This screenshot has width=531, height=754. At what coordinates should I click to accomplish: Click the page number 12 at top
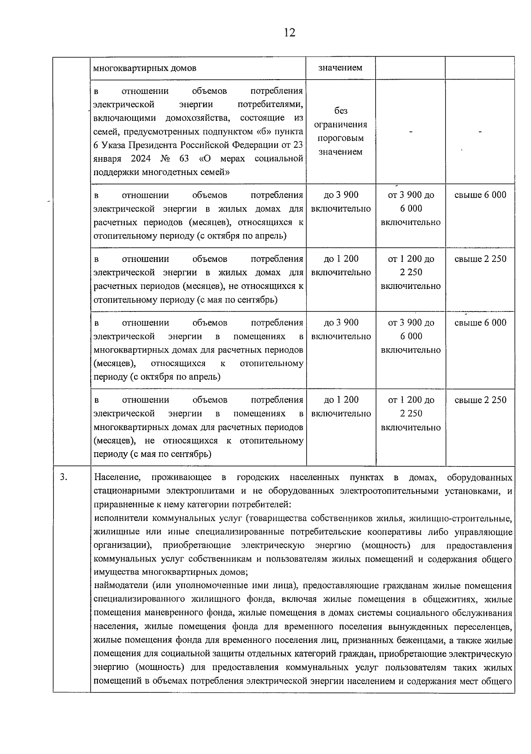coord(289,33)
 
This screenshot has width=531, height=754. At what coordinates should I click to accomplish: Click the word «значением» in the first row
coord(340,68)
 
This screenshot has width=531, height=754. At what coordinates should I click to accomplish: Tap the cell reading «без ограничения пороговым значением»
coord(341,131)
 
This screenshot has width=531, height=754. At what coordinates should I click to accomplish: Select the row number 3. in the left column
coord(64,477)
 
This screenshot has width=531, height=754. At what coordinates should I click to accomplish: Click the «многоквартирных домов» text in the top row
coord(145,68)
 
